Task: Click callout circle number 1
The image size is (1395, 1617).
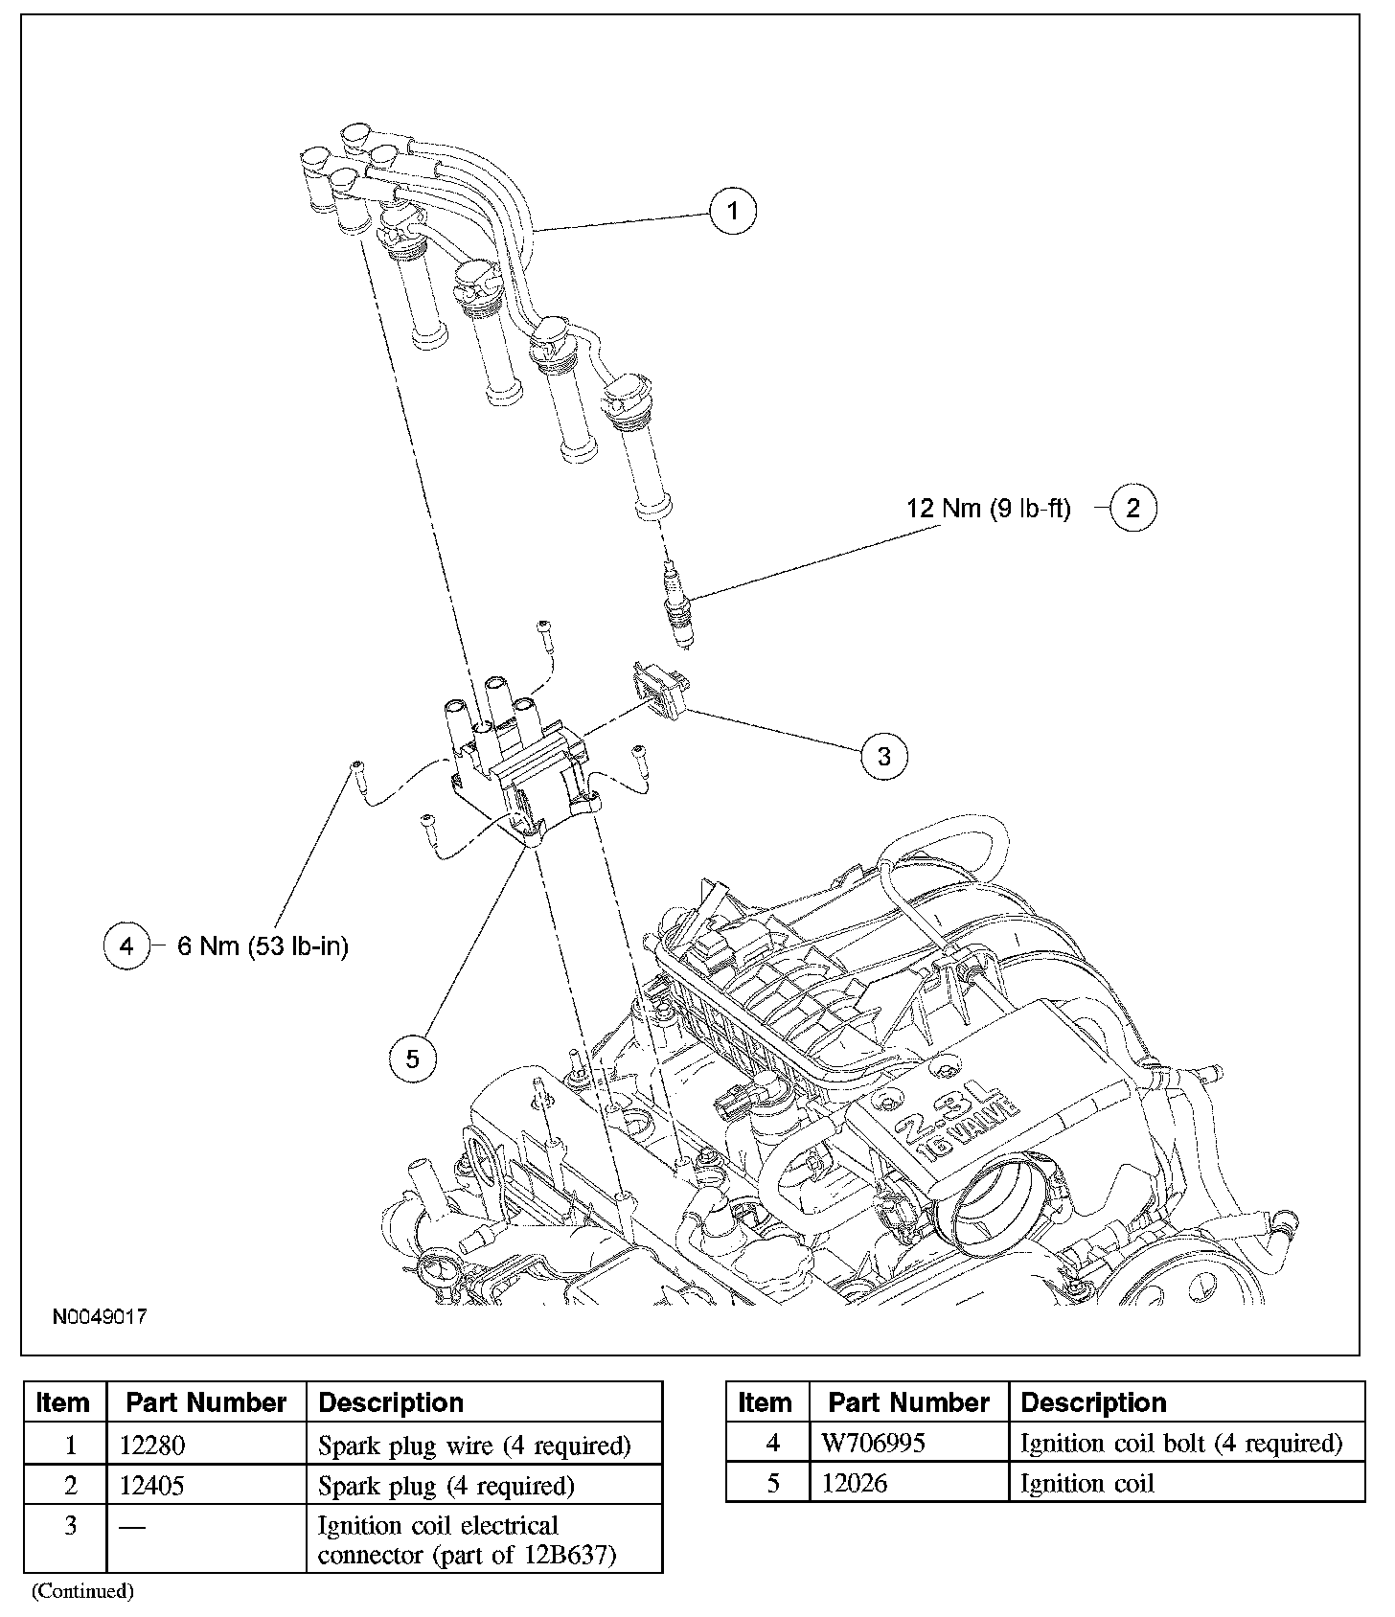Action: pos(733,210)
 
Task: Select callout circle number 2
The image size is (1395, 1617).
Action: pos(1132,508)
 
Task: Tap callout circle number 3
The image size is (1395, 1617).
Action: pos(883,756)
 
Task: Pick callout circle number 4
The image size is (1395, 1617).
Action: pos(127,946)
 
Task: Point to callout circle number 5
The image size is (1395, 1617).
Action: pos(413,1059)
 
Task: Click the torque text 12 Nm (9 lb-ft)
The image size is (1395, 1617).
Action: pos(989,508)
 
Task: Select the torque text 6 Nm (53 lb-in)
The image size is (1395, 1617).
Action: pos(263,946)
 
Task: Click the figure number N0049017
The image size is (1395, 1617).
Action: pos(100,1317)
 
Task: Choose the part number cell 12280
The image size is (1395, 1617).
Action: pos(152,1445)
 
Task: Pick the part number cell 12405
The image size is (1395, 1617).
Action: pos(152,1486)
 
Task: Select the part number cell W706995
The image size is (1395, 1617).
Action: pos(874,1443)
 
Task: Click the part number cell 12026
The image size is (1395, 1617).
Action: pos(855,1484)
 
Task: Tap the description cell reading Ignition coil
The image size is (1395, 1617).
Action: pos(1087,1484)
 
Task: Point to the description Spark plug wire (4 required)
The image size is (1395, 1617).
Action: pos(474,1445)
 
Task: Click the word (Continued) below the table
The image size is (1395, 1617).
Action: pos(82,1591)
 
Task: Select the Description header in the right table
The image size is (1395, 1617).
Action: pos(1093,1402)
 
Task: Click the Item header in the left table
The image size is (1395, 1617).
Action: pos(63,1402)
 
